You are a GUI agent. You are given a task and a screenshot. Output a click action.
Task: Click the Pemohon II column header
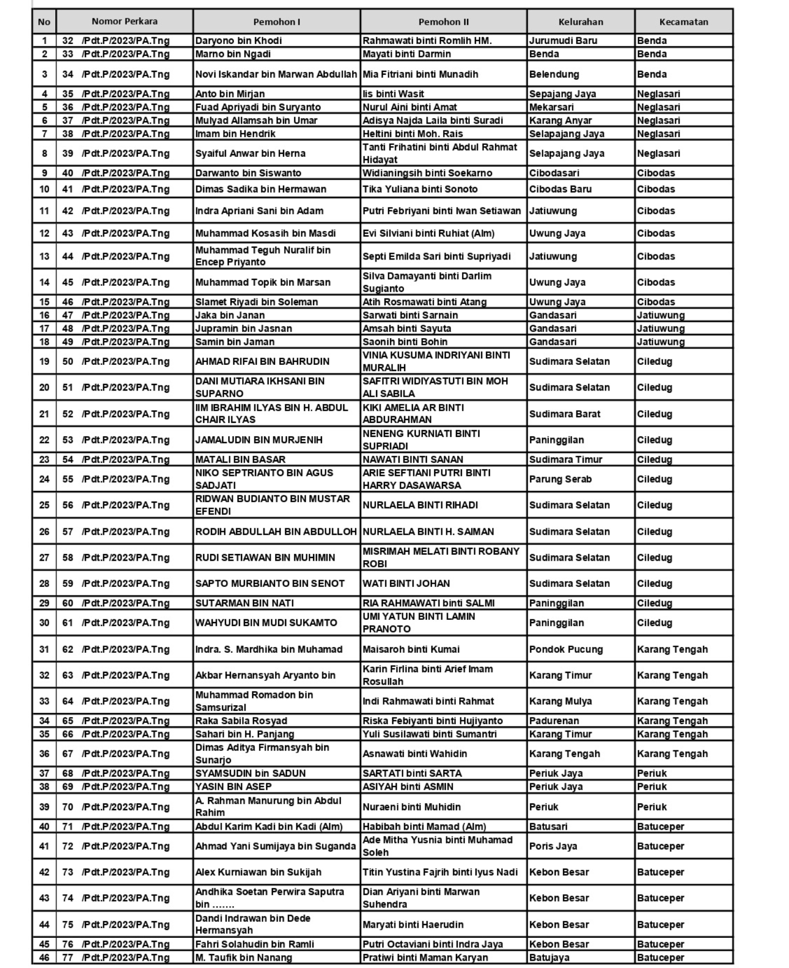[x=444, y=22]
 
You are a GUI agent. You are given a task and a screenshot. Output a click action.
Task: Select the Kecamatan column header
[x=684, y=22]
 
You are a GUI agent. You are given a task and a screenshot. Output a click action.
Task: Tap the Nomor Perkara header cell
[x=124, y=22]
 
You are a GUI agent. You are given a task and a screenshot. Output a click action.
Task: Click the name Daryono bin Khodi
[x=238, y=41]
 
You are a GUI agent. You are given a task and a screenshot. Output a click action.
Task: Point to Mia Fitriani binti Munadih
[x=420, y=74]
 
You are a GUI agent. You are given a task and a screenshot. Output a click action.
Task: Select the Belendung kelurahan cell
[x=554, y=74]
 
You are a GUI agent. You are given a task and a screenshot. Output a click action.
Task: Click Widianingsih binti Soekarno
[x=427, y=173]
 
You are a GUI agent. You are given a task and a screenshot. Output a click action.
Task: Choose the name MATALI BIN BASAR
[x=240, y=460]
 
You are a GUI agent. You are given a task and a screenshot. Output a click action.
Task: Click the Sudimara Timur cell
[x=566, y=460]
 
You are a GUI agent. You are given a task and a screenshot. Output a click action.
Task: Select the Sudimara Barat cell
[x=565, y=414]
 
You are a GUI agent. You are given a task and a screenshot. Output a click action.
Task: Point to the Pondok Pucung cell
[x=566, y=649]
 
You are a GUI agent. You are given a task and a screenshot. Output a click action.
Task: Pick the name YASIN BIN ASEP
[x=233, y=787]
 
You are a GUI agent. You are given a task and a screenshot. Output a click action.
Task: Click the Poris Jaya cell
[x=553, y=846]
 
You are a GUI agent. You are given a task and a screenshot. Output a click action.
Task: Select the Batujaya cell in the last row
[x=549, y=957]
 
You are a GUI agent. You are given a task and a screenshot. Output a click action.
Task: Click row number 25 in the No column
[x=44, y=505]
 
